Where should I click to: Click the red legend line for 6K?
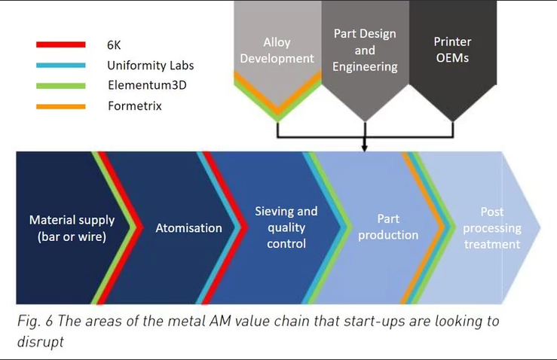click(x=61, y=44)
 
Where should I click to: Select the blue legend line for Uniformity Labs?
click(x=61, y=66)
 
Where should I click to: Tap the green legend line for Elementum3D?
click(x=61, y=86)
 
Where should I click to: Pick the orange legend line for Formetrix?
click(x=61, y=106)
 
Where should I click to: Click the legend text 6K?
click(x=114, y=45)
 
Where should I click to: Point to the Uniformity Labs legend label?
click(x=151, y=66)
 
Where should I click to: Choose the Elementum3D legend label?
click(x=148, y=85)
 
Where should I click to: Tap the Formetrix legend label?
click(x=135, y=105)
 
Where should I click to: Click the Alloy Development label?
click(x=277, y=50)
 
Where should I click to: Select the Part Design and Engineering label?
click(x=365, y=50)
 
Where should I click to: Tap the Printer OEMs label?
click(x=452, y=50)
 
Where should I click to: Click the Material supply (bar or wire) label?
click(x=72, y=228)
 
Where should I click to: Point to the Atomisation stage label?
click(x=189, y=228)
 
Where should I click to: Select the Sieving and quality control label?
click(x=286, y=227)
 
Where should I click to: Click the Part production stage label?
click(x=388, y=227)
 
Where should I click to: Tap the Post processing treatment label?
click(x=492, y=228)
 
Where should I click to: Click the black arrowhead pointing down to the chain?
click(x=365, y=148)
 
